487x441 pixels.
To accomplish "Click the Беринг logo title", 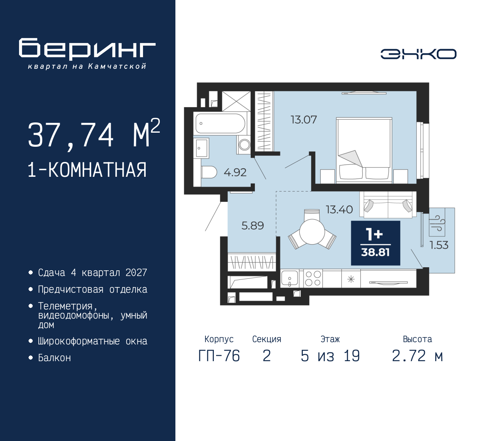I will pos(87,49).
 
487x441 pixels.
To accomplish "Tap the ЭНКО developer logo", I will pos(418,54).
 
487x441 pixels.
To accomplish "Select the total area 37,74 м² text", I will pos(94,135).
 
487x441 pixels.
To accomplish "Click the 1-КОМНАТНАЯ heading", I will pos(87,170).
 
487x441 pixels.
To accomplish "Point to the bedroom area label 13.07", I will pos(303,120).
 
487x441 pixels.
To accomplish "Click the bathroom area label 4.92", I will pos(235,173).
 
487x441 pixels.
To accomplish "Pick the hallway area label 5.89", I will pos(252,226).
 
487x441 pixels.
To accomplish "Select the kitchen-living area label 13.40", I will pos(339,209).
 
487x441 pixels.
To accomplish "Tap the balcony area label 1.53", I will pos(439,245).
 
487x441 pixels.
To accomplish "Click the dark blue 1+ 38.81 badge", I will pos(375,243).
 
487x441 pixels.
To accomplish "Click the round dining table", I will pos(312,232).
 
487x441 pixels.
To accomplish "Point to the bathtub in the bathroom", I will pos(220,123).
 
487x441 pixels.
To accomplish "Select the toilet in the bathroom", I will pos(208,172).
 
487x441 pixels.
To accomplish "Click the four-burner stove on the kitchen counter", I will pos(313,278).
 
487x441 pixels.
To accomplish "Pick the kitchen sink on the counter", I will pos(290,278).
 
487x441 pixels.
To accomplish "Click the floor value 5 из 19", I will pos(330,356).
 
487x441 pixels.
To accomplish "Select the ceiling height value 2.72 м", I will pos(417,356).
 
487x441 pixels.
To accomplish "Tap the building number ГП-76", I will pos(219,356).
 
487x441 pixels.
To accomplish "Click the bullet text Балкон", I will pos(54,358).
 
